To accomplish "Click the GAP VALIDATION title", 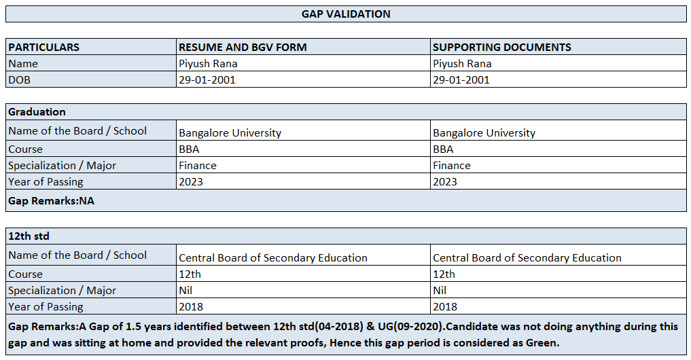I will coord(346,14).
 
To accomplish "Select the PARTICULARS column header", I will coord(43,48).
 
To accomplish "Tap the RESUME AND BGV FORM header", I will coord(243,48).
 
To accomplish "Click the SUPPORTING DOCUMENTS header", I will coord(501,48).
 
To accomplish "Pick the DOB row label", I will coord(19,79).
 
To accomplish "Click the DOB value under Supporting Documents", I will coord(461,79).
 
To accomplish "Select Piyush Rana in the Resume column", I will coord(208,64).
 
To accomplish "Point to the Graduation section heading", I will coord(37,111).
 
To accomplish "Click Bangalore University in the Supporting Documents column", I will coord(484,132).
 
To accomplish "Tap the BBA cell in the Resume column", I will coord(189,149).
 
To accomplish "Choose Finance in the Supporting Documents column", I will coord(451,165).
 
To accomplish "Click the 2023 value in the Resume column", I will coord(190,181).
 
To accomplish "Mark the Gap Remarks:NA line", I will coord(51,200).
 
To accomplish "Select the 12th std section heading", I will coord(29,236).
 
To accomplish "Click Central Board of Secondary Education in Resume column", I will coord(272,257).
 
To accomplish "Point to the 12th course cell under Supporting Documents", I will coord(444,274).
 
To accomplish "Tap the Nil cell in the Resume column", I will coord(185,290).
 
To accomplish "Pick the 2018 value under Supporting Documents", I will coord(445,306).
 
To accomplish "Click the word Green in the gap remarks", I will coord(541,343).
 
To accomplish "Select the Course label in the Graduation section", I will coord(25,149).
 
